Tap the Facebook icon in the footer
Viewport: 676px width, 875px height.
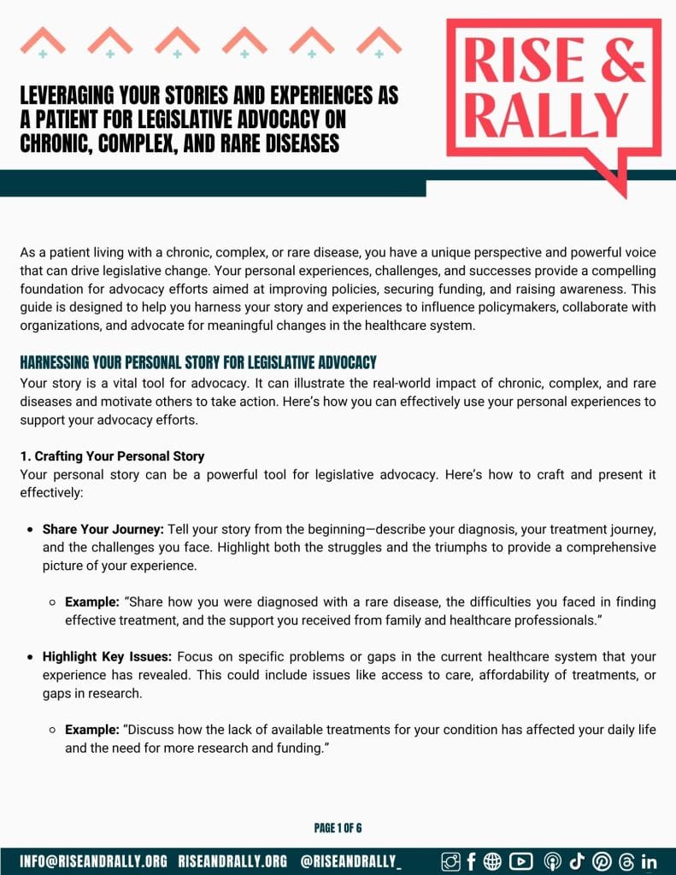(471, 861)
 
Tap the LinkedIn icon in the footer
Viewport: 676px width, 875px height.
(649, 861)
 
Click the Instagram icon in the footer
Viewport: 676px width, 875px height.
(450, 861)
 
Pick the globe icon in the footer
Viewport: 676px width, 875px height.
(493, 861)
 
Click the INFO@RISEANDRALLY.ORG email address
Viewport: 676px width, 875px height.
(94, 861)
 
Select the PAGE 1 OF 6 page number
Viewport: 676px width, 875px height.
(338, 828)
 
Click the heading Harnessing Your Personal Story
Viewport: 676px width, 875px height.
(198, 362)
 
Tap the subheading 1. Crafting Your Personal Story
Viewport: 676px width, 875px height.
(112, 456)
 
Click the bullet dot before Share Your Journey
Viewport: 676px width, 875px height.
(30, 530)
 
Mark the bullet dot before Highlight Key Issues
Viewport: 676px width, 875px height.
(30, 657)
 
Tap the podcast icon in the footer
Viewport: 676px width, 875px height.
(551, 861)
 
